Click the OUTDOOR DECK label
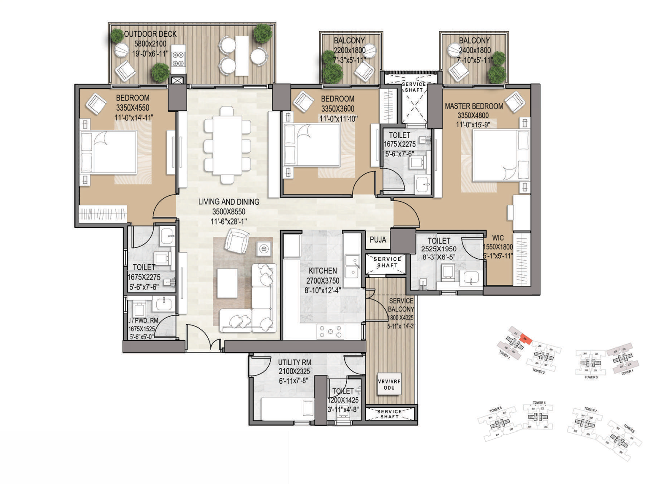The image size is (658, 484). coord(150,34)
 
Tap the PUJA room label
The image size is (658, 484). coord(378,240)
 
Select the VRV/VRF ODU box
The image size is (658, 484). coord(389,384)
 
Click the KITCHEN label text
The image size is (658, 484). coord(323,271)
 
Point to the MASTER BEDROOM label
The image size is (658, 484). coord(473,106)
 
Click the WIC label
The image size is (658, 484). coord(498,238)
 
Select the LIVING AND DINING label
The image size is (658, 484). coord(228,202)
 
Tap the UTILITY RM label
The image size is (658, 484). coord(294,362)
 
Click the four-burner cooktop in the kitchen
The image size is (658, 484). coord(330,331)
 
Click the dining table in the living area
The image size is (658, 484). coord(227,145)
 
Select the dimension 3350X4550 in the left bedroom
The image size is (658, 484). coord(133,108)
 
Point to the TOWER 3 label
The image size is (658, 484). coord(591,377)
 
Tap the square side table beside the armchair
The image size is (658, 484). coord(264,249)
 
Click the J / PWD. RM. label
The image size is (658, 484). coord(143,321)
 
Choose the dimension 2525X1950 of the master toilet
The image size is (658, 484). coord(438,249)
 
